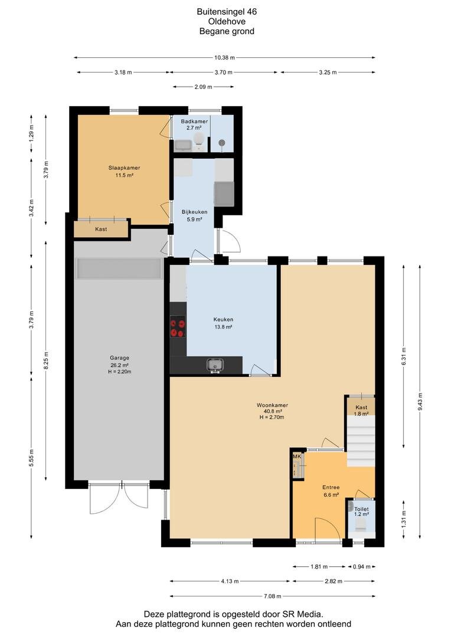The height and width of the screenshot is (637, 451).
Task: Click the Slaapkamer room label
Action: (x=124, y=168)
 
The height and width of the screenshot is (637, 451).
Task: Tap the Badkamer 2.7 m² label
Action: (x=194, y=124)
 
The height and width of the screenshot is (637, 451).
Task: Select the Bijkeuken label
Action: (x=194, y=212)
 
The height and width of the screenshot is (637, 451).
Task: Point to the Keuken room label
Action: (x=223, y=319)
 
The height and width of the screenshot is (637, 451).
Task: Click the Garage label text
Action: (x=120, y=358)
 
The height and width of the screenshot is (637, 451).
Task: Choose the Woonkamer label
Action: (x=273, y=405)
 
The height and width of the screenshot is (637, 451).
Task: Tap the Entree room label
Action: (x=331, y=487)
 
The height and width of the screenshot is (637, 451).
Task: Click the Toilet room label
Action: (x=361, y=509)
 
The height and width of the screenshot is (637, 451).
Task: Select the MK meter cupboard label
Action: (x=297, y=457)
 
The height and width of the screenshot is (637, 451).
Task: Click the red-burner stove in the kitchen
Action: (x=178, y=328)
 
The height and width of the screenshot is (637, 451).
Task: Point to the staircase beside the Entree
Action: (x=361, y=441)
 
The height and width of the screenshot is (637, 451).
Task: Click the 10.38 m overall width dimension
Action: (x=224, y=58)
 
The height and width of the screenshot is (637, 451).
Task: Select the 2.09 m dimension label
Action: (x=203, y=87)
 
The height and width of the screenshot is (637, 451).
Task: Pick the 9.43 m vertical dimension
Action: (x=420, y=401)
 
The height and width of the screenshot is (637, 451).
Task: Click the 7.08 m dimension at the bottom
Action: (x=273, y=596)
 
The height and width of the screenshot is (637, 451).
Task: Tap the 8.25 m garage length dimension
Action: (x=46, y=360)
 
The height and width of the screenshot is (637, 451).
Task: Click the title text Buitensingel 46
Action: (x=227, y=12)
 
